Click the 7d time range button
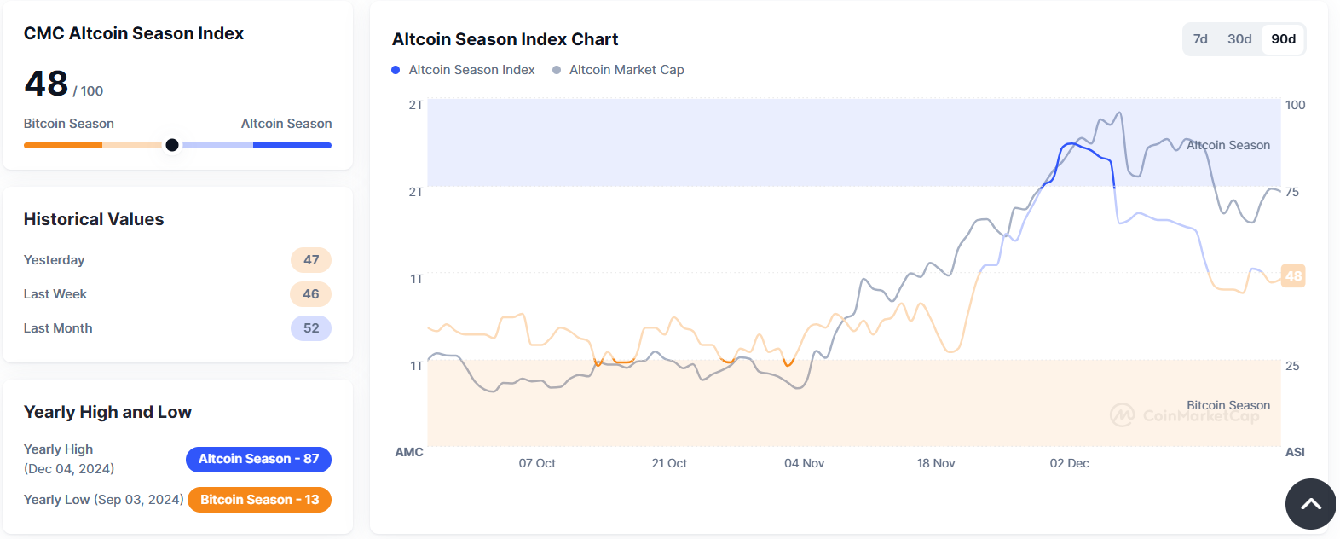pos(1200,39)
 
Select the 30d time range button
pos(1239,39)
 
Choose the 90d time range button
pos(1283,39)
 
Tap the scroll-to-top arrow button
pos(1310,504)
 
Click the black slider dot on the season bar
pos(172,145)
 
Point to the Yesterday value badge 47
pos(311,260)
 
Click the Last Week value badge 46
pos(311,294)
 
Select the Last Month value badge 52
pos(311,328)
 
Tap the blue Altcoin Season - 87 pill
pos(258,459)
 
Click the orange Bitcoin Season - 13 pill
pos(259,500)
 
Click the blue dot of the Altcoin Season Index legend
pos(396,70)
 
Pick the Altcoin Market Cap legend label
pos(627,70)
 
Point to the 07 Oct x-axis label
pos(537,463)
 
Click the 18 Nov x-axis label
pos(936,463)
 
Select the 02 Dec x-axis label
pos(1069,463)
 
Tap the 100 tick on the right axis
pos(1295,105)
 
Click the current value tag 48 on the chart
pos(1293,275)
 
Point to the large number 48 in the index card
pos(46,84)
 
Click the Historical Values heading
pos(94,219)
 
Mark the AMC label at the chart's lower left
pos(409,452)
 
